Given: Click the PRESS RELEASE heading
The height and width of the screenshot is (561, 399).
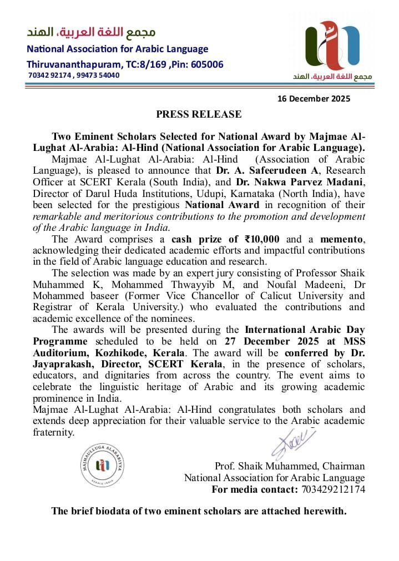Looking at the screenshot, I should [199, 114].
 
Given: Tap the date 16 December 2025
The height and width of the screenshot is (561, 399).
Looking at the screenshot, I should [314, 99].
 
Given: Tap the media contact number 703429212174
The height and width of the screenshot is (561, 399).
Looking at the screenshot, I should [333, 489].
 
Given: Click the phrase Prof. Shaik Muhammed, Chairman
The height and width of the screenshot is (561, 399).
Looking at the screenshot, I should [290, 466].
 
